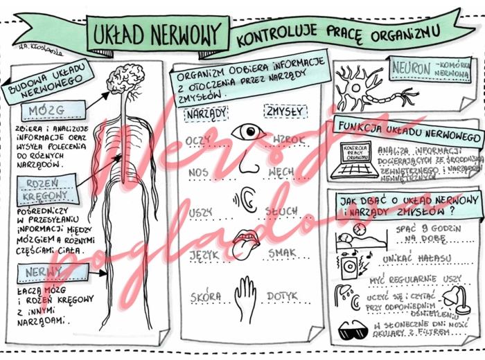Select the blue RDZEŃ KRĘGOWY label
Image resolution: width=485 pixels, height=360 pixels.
click(43, 188)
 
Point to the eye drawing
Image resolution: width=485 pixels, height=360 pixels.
click(247, 132)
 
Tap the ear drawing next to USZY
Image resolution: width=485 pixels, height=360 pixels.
click(246, 200)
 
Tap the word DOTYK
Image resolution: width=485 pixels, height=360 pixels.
click(286, 296)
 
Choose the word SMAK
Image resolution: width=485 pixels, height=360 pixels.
click(283, 254)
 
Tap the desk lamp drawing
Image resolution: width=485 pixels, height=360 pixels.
click(451, 291)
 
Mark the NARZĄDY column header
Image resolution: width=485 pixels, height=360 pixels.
click(205, 112)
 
